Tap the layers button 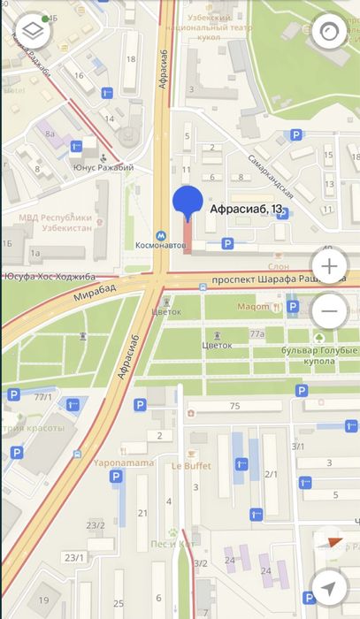tap(31, 30)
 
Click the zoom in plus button tap(329, 266)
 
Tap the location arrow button tap(329, 587)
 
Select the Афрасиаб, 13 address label tap(247, 210)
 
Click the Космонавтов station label tap(160, 245)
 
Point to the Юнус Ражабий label tap(103, 168)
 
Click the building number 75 tap(234, 406)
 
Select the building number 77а tap(257, 334)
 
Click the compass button tap(329, 30)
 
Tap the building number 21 tap(142, 513)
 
